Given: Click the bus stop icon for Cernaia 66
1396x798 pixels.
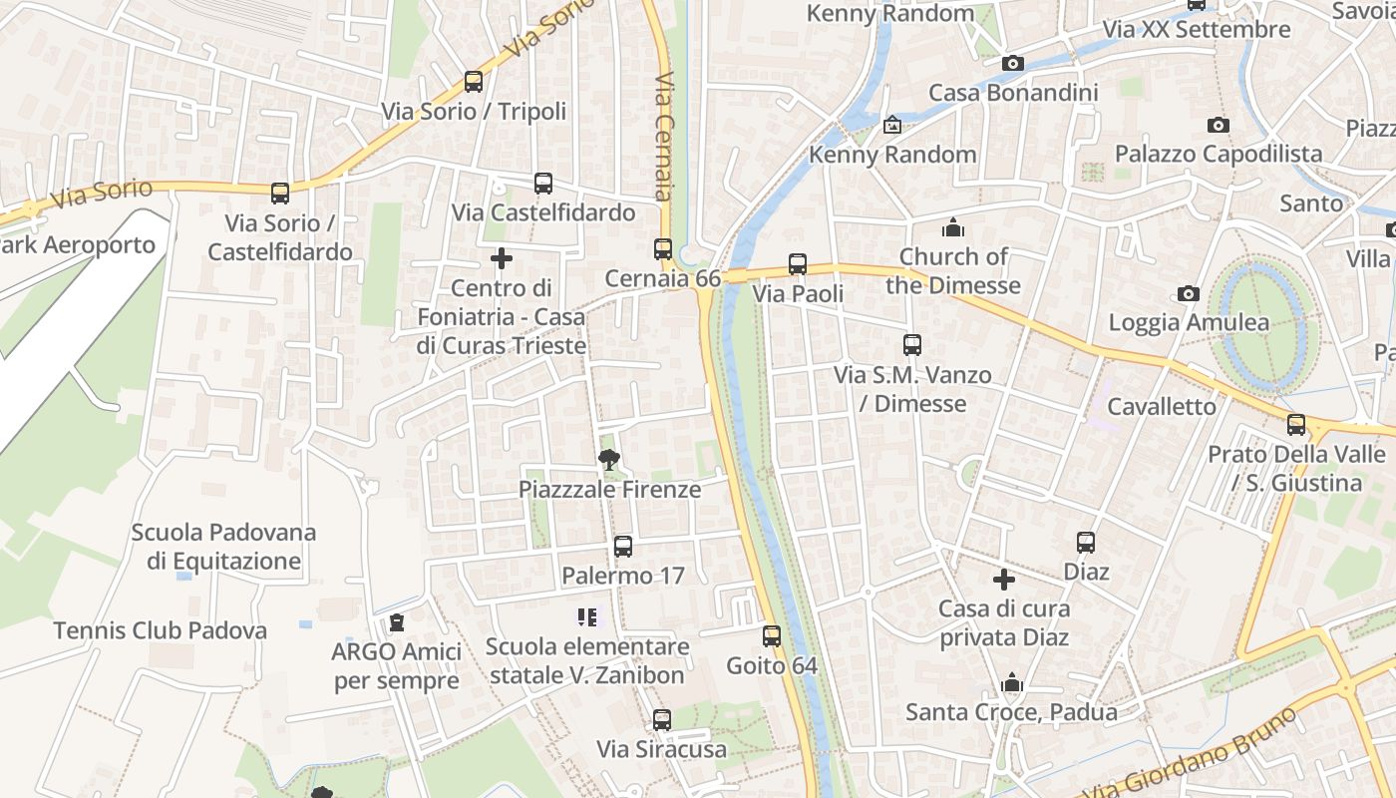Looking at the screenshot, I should [x=663, y=249].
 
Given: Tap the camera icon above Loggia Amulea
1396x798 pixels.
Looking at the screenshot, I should [x=1188, y=293].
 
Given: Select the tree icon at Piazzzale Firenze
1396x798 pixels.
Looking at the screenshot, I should [x=608, y=460].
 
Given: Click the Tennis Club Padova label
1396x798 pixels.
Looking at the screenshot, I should [x=161, y=630].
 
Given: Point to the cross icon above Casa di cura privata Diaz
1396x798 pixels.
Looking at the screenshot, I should [x=1004, y=579].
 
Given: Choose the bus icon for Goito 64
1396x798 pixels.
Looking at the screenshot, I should [x=772, y=636].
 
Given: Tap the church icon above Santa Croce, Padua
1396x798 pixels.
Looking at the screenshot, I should [x=1012, y=683].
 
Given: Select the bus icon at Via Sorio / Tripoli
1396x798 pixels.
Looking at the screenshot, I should [x=474, y=82].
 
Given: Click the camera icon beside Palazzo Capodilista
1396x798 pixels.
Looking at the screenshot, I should [x=1218, y=125].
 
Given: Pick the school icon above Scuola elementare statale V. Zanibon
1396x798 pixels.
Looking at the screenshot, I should [x=586, y=617].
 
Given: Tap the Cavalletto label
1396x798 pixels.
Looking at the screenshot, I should [x=1162, y=406].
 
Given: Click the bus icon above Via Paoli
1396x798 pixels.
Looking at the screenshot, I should [x=798, y=264].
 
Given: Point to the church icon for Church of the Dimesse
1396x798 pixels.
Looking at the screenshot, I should [x=953, y=227].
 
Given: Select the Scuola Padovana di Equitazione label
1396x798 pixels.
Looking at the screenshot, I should [x=223, y=547].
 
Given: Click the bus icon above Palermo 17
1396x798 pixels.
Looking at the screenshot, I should [x=623, y=547].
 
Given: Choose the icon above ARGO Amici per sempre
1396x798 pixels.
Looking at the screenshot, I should [x=397, y=623].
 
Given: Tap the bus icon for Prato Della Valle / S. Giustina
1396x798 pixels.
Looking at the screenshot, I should [x=1296, y=425].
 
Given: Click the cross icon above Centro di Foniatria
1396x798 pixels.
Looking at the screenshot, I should [x=502, y=259].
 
